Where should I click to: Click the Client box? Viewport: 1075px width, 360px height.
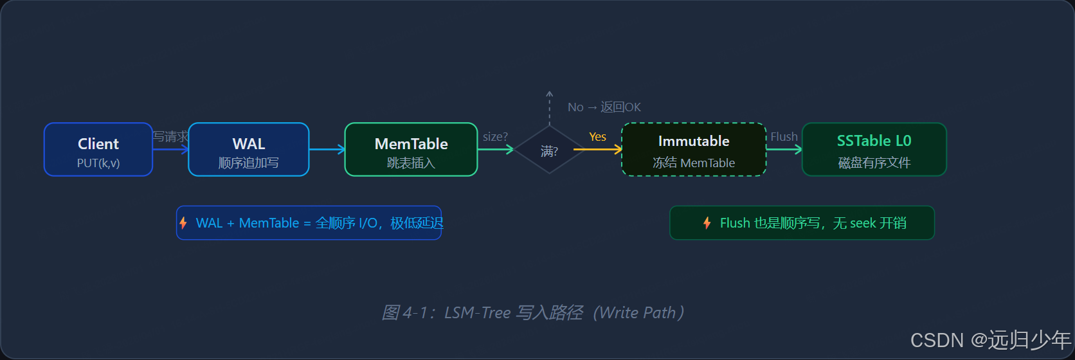pyautogui.click(x=98, y=149)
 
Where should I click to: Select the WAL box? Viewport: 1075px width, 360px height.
pyautogui.click(x=249, y=149)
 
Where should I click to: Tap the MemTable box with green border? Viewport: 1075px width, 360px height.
pyautogui.click(x=411, y=149)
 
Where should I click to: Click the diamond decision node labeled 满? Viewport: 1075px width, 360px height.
pyautogui.click(x=549, y=150)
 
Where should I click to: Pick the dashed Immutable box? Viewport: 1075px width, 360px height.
pyautogui.click(x=694, y=149)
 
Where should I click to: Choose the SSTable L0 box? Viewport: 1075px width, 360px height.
pyautogui.click(x=874, y=149)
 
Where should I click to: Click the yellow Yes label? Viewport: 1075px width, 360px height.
pyautogui.click(x=597, y=137)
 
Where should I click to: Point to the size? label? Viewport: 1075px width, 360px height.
pyautogui.click(x=495, y=137)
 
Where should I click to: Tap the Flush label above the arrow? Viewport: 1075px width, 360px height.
pyautogui.click(x=784, y=137)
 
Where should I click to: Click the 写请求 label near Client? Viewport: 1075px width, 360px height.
pyautogui.click(x=170, y=136)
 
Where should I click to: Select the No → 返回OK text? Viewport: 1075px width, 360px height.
pyautogui.click(x=604, y=107)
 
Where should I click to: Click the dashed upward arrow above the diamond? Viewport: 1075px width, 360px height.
pyautogui.click(x=549, y=108)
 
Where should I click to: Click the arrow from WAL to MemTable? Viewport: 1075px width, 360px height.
pyautogui.click(x=327, y=150)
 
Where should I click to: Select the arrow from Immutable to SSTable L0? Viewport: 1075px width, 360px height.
pyautogui.click(x=784, y=150)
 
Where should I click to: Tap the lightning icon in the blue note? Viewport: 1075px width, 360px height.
pyautogui.click(x=183, y=223)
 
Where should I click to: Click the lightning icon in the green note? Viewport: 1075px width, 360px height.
pyautogui.click(x=707, y=223)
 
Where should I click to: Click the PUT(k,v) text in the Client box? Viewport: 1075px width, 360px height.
pyautogui.click(x=98, y=163)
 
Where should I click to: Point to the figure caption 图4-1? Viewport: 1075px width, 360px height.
pyautogui.click(x=533, y=312)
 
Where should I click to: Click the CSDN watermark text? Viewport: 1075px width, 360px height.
pyautogui.click(x=990, y=339)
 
